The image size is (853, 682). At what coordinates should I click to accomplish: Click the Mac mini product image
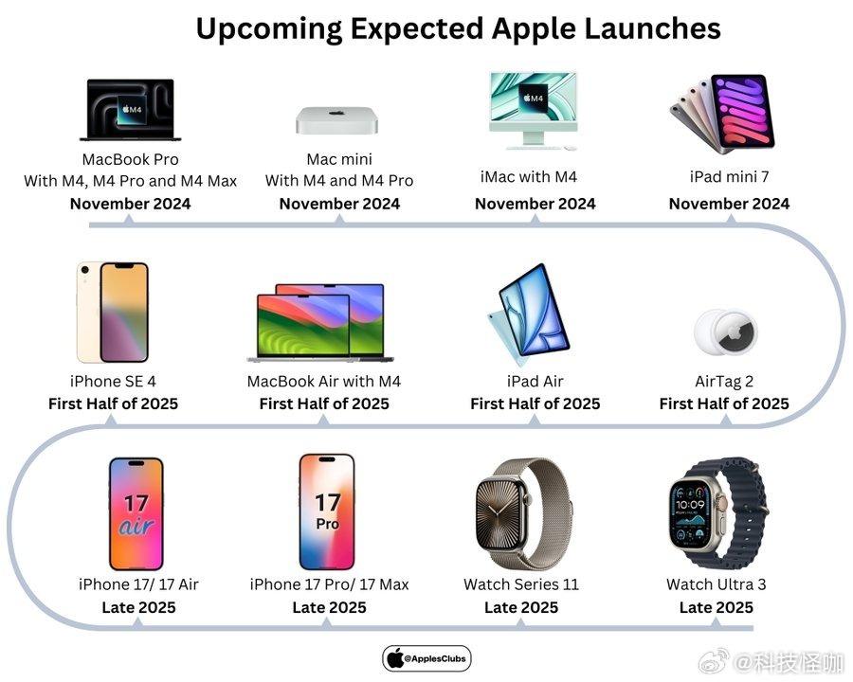tap(336, 119)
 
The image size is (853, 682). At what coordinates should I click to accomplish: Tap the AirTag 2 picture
tap(725, 332)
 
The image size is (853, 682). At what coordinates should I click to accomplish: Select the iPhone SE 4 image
tap(113, 313)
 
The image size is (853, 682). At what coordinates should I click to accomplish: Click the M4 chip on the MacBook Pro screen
tap(132, 110)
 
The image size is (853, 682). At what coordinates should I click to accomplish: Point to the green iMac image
tap(533, 111)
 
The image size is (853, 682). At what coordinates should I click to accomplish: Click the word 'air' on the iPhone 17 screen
tap(136, 527)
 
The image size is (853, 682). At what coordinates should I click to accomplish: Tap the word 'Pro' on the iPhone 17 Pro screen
tap(328, 524)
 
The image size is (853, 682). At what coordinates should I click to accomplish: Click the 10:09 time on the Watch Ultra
tap(690, 505)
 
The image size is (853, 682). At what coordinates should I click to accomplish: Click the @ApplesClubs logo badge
tap(426, 658)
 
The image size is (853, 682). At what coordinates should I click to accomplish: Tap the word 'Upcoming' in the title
tap(269, 29)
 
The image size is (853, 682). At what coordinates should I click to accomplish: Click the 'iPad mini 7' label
tap(729, 177)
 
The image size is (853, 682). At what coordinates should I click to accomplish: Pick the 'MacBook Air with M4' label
tap(324, 381)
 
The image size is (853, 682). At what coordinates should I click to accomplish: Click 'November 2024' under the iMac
tap(535, 204)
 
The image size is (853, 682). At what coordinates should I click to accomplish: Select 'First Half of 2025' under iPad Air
tap(535, 404)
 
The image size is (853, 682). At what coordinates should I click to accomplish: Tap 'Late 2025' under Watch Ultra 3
tap(716, 607)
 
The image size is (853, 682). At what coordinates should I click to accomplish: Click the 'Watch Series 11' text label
tap(521, 584)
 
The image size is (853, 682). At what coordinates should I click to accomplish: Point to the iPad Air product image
tap(528, 314)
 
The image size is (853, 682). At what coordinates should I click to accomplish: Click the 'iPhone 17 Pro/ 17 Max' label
tap(329, 584)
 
